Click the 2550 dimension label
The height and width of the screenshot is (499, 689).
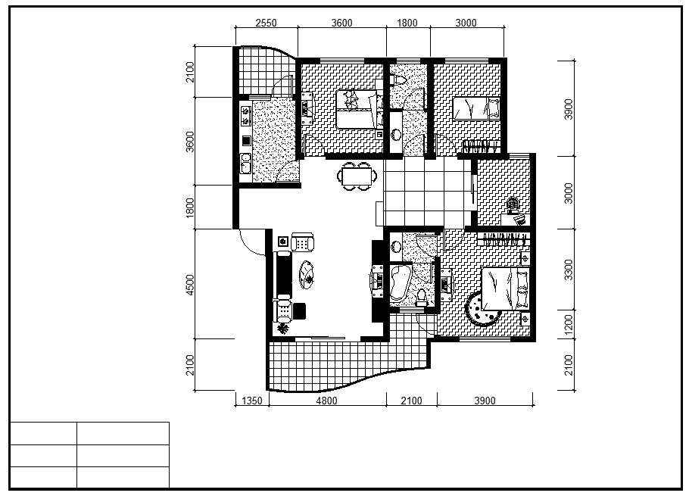266,23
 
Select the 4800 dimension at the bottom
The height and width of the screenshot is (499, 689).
326,401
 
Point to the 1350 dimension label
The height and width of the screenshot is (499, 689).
252,401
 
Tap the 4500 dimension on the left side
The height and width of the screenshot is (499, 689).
190,285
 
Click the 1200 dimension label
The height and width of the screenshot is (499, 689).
569,324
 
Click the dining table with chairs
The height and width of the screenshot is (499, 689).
357,176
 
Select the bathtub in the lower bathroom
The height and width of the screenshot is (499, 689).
400,282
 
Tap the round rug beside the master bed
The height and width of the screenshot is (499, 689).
482,309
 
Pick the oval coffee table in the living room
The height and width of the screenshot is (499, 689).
307,275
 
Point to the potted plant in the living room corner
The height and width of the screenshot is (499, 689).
283,328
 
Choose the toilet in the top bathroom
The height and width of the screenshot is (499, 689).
398,80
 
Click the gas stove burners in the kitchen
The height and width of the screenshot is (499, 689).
245,116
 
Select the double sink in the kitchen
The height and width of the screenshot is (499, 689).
245,164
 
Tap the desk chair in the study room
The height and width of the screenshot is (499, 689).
513,205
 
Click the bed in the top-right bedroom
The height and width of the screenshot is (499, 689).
476,108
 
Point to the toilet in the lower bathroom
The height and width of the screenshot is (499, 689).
422,298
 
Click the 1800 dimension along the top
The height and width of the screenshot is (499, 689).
407,23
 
